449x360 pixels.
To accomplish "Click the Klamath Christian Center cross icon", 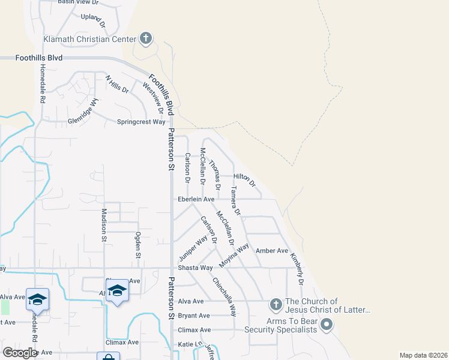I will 145,40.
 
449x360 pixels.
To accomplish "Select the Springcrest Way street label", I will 141,122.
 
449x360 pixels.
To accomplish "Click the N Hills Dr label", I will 116,84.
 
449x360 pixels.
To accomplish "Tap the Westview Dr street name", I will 153,98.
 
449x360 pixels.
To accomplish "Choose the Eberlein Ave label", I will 195,199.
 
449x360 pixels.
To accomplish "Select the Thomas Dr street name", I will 215,175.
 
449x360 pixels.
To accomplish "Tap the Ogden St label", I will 137,246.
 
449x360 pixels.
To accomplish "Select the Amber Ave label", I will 272,251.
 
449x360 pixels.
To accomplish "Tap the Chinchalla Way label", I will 223,296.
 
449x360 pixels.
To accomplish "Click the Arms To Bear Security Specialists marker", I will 327,325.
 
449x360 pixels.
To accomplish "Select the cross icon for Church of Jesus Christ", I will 276,305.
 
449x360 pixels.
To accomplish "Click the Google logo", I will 20,353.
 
